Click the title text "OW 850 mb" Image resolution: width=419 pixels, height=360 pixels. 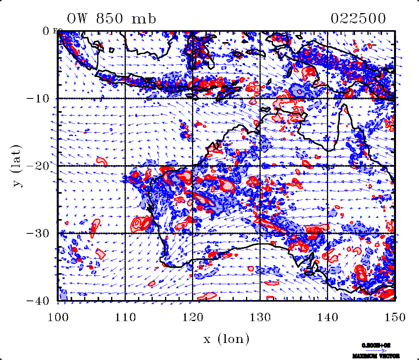click(111, 19)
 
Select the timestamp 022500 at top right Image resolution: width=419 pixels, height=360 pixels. click(358, 19)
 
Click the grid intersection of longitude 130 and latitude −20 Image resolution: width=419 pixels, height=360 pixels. click(260, 166)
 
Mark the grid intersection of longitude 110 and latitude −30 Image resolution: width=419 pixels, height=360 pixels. click(125, 233)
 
